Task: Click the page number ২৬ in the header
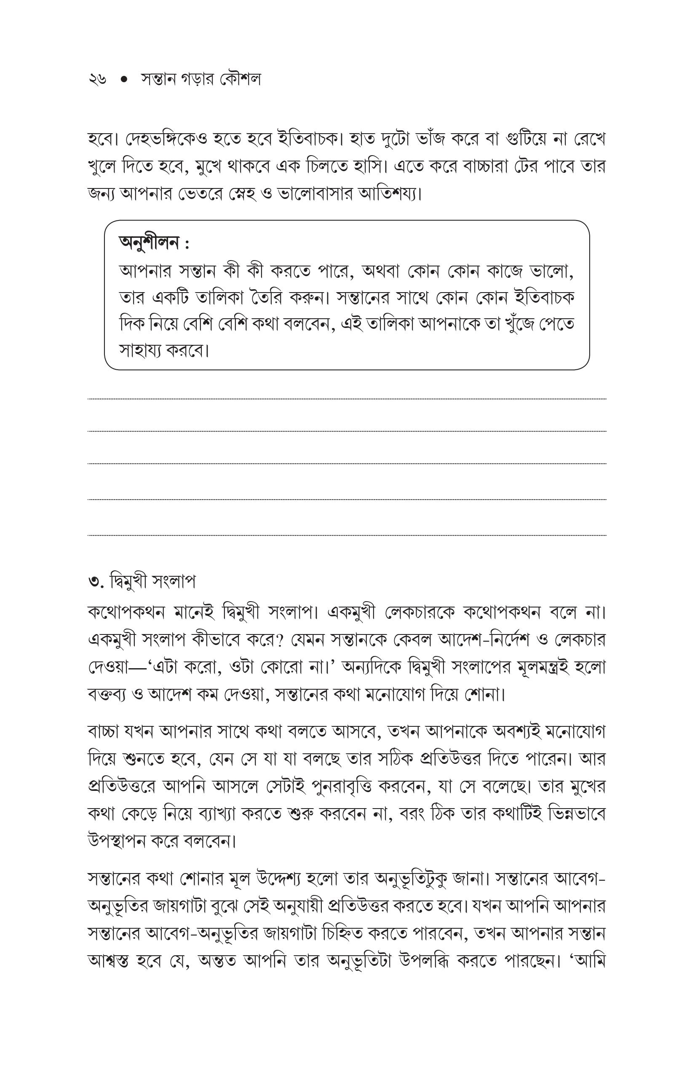(x=97, y=80)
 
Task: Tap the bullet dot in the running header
(x=124, y=80)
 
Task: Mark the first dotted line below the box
(x=347, y=399)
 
